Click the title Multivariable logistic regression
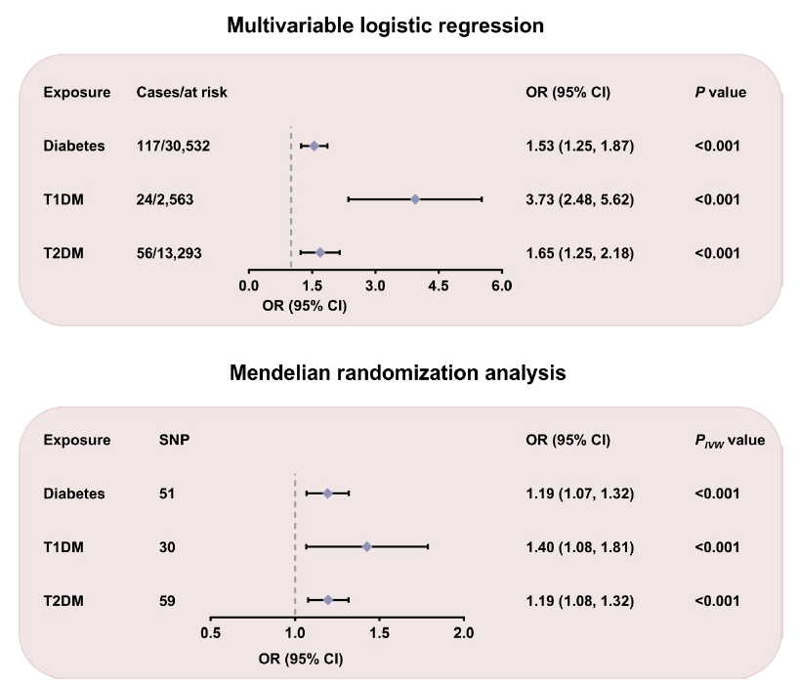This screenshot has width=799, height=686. [385, 25]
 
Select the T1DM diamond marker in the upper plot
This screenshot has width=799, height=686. [415, 199]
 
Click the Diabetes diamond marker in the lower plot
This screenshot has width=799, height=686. [327, 493]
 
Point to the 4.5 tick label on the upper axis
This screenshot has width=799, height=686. [439, 285]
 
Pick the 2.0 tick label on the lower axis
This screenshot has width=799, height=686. [464, 633]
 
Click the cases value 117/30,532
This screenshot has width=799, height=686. [173, 147]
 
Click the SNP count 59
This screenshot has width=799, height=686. [167, 600]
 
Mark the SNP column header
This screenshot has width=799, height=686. [174, 440]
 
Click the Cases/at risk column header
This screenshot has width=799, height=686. [182, 93]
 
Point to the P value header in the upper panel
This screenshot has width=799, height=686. [720, 93]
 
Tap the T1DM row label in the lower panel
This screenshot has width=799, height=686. [63, 546]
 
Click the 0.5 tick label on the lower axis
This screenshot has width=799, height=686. [210, 633]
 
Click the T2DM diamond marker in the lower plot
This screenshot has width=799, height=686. [328, 600]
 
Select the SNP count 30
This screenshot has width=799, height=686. [167, 546]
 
